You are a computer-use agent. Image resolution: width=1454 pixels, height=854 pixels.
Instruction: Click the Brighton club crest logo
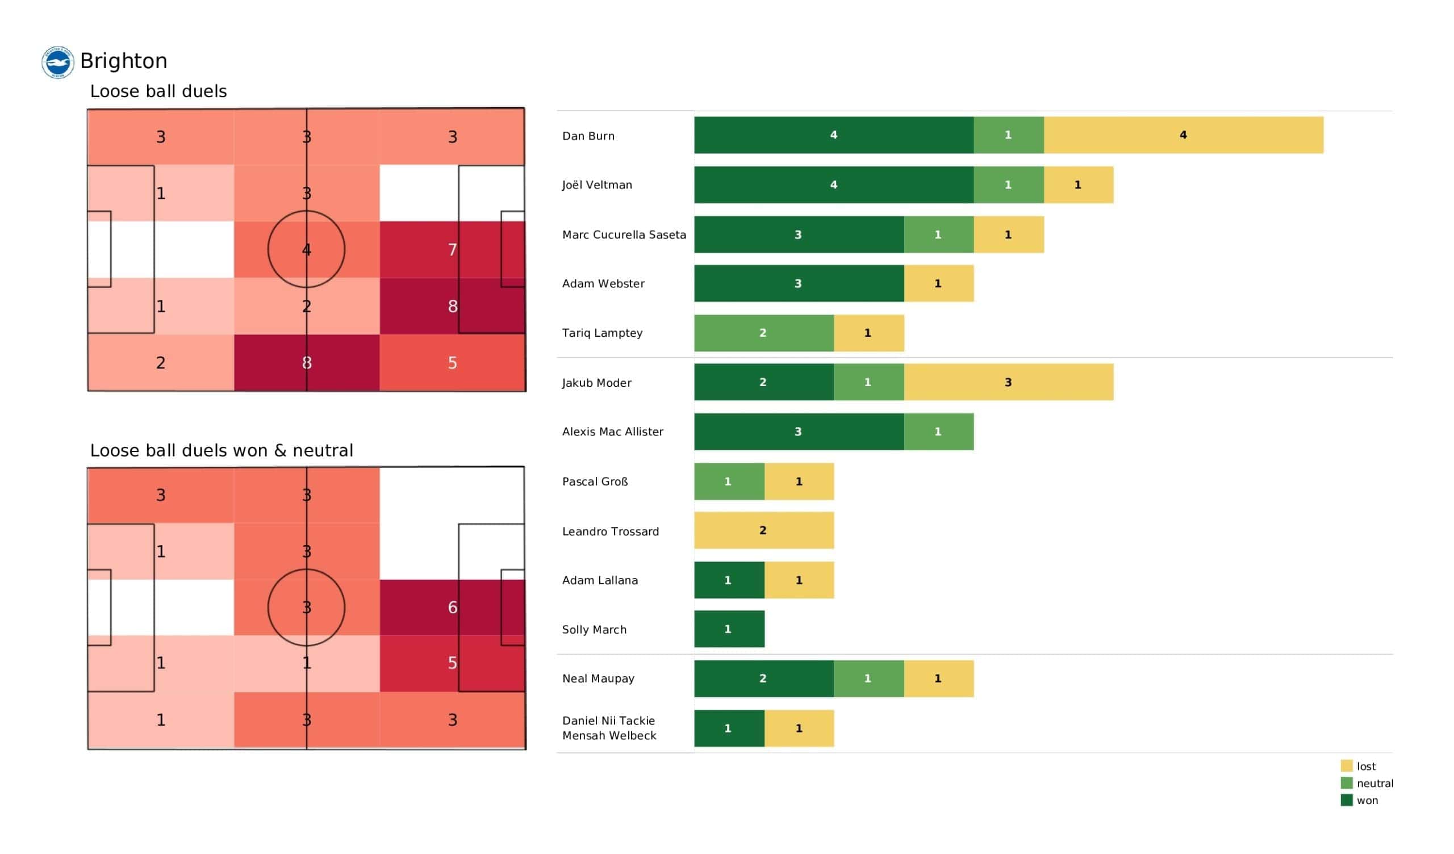click(x=58, y=62)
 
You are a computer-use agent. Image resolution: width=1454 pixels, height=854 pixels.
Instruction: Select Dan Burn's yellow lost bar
click(x=1184, y=135)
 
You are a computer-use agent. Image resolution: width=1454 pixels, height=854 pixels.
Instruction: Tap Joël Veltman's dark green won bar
click(x=834, y=185)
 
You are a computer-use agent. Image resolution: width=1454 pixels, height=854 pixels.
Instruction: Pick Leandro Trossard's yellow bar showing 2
click(x=764, y=530)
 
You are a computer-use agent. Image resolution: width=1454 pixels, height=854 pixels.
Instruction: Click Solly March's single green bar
click(x=729, y=629)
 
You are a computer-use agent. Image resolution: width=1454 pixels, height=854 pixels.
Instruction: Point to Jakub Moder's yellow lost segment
click(x=1009, y=382)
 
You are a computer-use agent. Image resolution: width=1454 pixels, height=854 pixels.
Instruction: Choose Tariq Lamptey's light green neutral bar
click(x=764, y=333)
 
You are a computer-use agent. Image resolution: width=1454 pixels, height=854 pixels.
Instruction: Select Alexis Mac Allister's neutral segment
click(x=939, y=432)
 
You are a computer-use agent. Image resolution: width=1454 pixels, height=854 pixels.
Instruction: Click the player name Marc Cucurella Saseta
click(x=624, y=235)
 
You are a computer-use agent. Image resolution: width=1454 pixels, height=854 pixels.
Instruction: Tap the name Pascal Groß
click(x=595, y=482)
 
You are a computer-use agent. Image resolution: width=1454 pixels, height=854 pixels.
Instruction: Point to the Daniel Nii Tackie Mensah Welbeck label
click(x=609, y=727)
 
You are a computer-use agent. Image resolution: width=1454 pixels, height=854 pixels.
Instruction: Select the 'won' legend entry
click(x=1359, y=800)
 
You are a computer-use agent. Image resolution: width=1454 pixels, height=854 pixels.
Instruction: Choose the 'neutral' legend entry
click(x=1367, y=783)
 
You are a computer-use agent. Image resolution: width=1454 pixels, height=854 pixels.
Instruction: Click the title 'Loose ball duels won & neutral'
click(x=222, y=450)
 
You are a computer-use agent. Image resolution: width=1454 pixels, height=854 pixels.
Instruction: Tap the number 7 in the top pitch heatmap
click(x=452, y=249)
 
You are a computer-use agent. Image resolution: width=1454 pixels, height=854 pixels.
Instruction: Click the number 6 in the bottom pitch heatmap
click(x=452, y=607)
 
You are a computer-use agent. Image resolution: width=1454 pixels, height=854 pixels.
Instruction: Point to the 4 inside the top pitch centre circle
click(x=306, y=249)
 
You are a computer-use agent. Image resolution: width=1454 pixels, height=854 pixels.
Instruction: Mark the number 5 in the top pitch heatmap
click(x=452, y=362)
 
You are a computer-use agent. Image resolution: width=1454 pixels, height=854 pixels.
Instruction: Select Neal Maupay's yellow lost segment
click(x=939, y=679)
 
